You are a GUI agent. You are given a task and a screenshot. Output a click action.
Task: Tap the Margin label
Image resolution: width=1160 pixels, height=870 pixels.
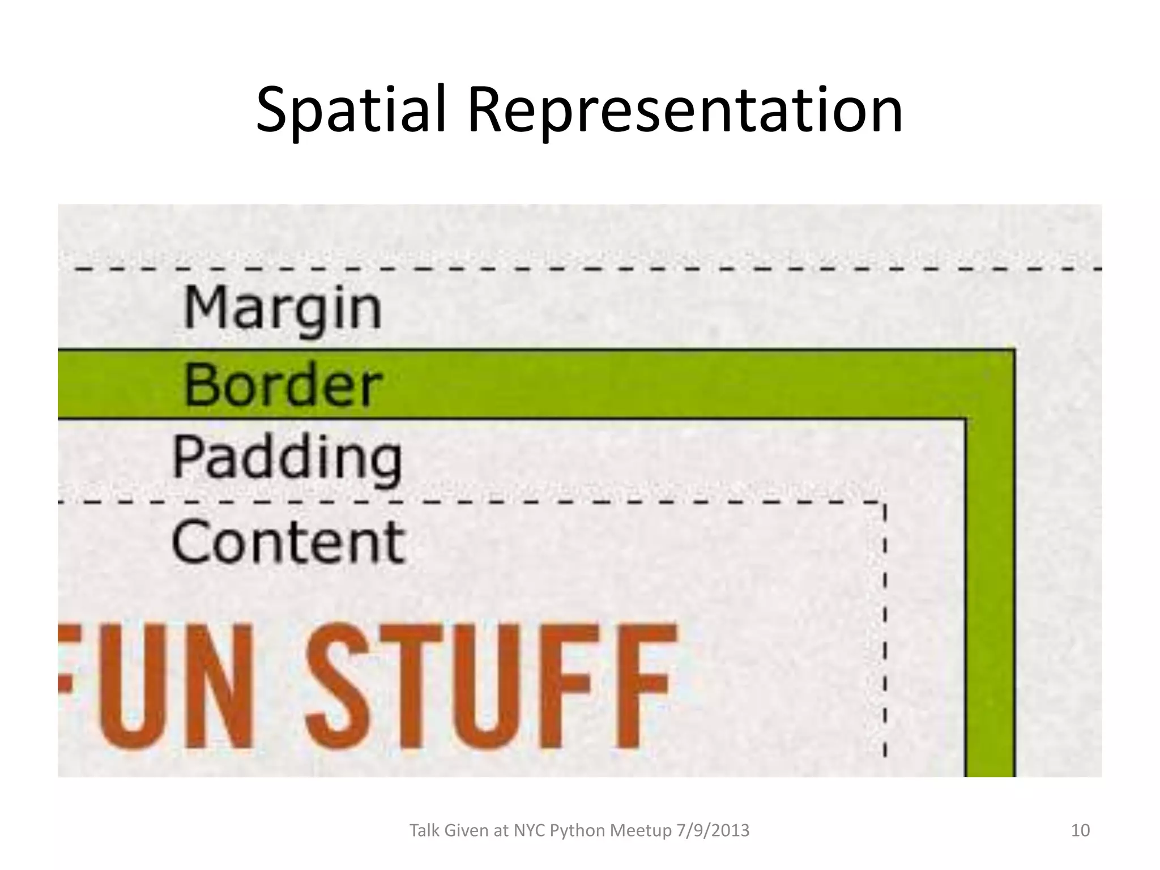[283, 309]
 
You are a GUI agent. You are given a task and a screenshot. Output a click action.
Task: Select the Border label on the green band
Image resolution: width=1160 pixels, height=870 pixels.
[282, 386]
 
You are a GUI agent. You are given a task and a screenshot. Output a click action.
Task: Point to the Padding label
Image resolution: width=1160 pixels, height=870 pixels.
[287, 458]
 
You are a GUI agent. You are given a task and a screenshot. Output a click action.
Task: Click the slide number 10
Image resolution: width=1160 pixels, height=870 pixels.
[1080, 831]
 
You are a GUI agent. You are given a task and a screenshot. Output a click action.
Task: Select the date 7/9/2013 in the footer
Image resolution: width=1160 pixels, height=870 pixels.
[713, 831]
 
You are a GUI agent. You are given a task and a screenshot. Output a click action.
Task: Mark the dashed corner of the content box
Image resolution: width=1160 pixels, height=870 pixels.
[884, 503]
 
